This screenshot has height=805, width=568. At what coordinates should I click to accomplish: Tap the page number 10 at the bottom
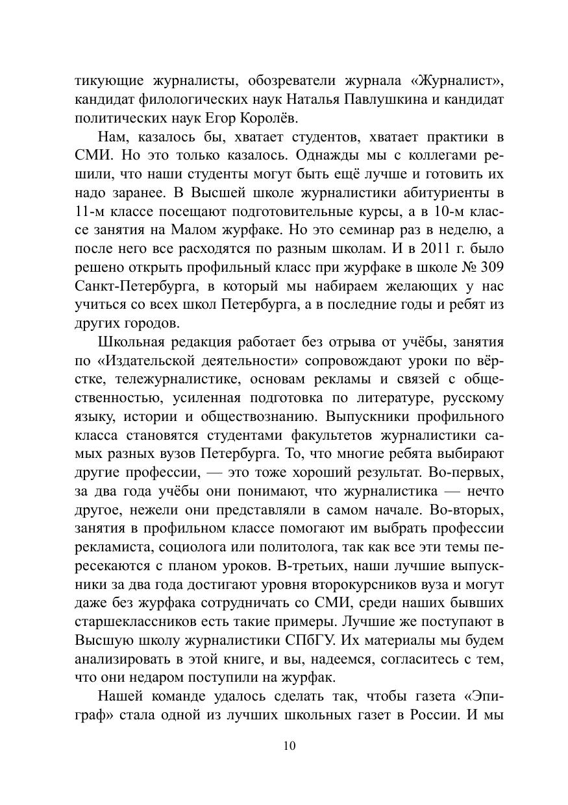(x=290, y=745)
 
